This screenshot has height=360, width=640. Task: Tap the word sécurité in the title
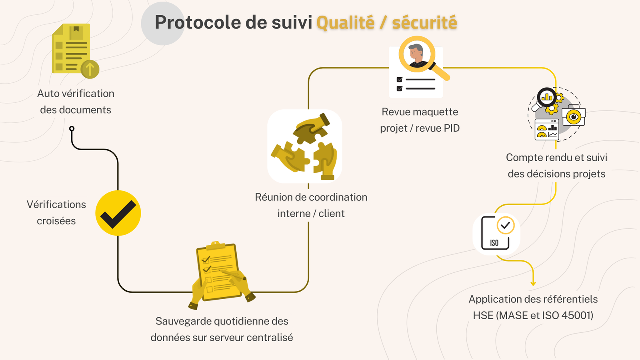pos(424,23)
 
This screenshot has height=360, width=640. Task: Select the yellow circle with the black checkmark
pos(118,213)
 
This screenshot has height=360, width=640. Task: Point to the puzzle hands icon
pos(305,146)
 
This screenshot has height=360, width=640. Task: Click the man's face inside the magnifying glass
pos(416,54)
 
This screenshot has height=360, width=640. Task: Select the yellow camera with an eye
pos(574,116)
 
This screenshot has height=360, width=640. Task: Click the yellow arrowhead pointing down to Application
pos(533,284)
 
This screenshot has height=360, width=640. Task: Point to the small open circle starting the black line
pos(72,128)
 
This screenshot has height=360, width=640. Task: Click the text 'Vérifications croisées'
pos(56,212)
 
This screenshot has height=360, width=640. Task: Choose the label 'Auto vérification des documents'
pos(76,102)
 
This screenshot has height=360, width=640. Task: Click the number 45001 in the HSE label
pos(577,316)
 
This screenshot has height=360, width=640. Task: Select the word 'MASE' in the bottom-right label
pos(513,316)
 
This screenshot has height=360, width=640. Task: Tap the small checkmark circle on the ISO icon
pos(505,225)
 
